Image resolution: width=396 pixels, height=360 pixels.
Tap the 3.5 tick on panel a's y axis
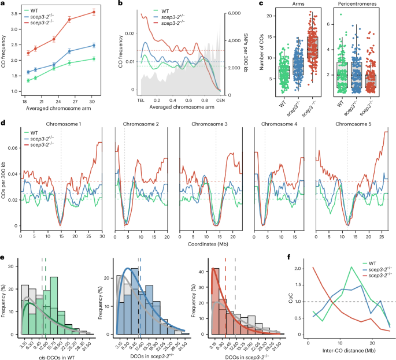(x=14, y=10)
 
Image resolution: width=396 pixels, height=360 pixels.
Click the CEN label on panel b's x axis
(x=220, y=101)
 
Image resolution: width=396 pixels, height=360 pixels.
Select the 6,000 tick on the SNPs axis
(x=234, y=13)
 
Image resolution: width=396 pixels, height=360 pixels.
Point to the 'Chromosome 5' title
(x=353, y=124)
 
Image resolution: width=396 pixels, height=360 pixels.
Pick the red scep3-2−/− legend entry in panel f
(x=368, y=272)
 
